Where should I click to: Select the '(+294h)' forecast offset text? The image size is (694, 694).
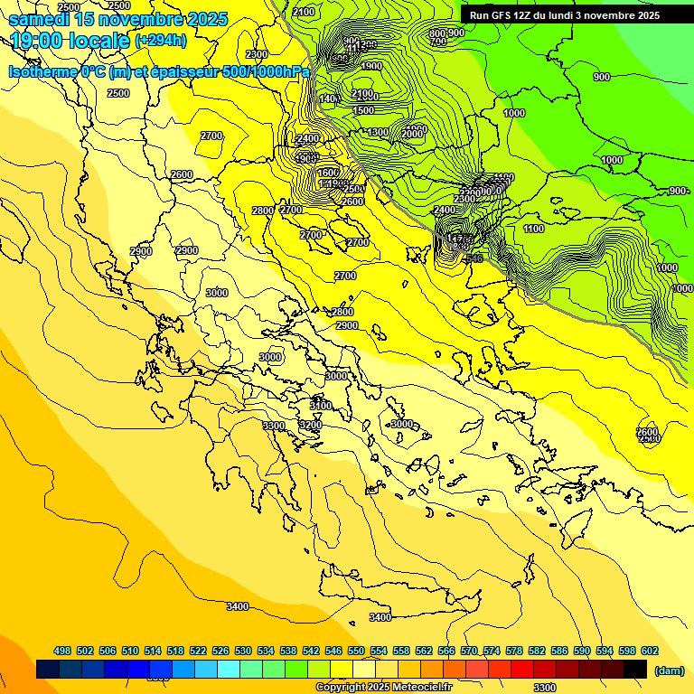click(x=160, y=41)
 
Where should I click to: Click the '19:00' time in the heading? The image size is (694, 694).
click(x=36, y=41)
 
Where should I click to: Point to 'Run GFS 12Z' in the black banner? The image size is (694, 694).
click(x=501, y=15)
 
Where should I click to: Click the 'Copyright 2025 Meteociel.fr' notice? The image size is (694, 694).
click(x=383, y=687)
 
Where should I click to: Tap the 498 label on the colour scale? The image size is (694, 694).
click(x=62, y=651)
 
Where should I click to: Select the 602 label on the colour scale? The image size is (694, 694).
click(x=649, y=651)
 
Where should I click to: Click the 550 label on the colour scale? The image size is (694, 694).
click(x=356, y=651)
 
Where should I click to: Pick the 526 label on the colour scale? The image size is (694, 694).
click(x=220, y=651)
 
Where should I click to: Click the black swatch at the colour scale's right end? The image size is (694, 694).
click(x=635, y=670)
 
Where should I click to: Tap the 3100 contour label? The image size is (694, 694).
click(x=321, y=405)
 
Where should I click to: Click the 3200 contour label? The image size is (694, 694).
click(x=311, y=425)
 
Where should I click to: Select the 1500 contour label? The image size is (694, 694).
click(x=363, y=110)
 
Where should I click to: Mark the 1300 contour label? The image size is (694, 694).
click(x=378, y=133)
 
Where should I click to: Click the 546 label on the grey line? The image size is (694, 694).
click(x=474, y=258)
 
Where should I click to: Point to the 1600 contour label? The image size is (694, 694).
click(x=328, y=173)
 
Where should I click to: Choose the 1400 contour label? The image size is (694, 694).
click(x=329, y=98)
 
